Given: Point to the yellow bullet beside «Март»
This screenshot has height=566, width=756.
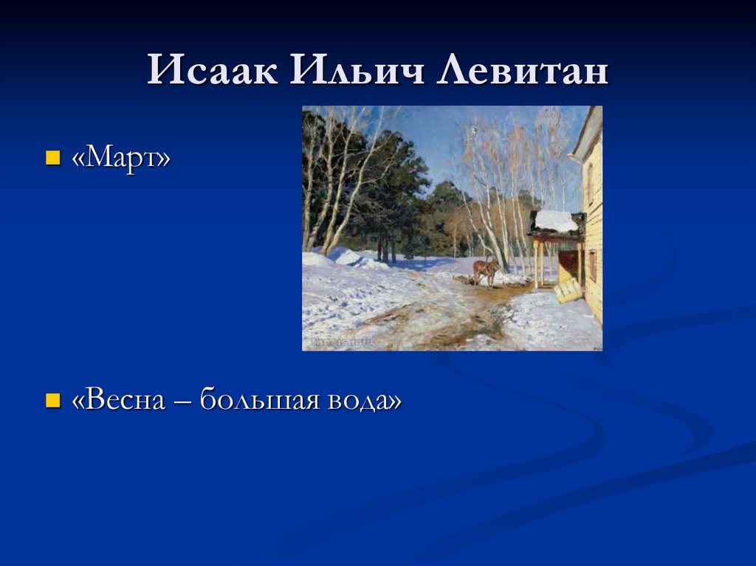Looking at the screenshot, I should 52,157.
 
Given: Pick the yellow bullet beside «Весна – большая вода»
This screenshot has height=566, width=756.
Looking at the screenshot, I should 52,400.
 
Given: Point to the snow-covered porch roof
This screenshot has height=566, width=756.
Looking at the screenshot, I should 556,221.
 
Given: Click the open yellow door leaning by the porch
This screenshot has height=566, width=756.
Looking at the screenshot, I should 568,289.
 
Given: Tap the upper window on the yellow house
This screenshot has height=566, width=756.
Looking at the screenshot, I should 590,184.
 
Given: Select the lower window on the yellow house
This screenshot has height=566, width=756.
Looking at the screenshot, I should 593,266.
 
